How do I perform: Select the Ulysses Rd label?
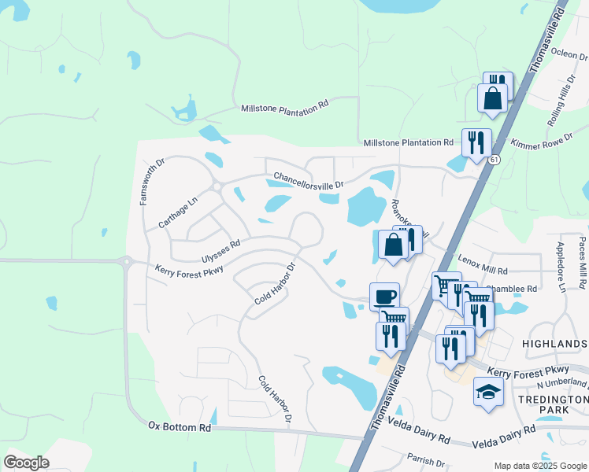pos(220,251)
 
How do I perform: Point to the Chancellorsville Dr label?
pos(309,180)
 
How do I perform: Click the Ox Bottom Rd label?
pos(180,426)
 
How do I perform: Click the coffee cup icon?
pos(384,297)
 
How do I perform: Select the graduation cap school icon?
pos(488,390)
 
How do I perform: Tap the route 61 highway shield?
pos(494,160)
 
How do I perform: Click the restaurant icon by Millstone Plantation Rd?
pos(476,142)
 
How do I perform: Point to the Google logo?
pos(27,463)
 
